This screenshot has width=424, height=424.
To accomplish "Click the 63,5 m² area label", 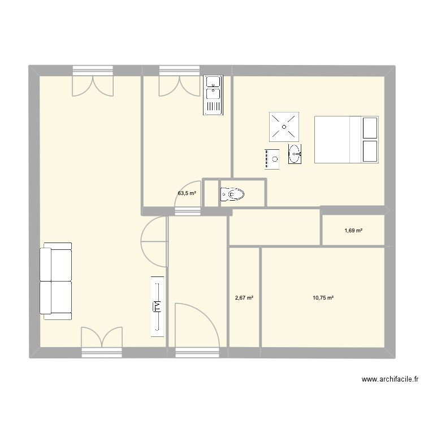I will (187, 193).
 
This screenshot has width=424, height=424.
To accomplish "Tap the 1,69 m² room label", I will (353, 231).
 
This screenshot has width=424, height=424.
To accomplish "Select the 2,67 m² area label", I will (244, 298).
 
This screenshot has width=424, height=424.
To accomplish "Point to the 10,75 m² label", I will (323, 298).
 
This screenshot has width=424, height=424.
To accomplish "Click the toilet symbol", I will (233, 195).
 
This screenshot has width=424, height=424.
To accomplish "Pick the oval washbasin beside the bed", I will (295, 153).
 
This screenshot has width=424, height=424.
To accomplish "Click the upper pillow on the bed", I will (370, 128).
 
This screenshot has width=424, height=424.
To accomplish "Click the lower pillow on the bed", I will (370, 152).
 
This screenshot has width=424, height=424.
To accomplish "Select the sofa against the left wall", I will (56, 279).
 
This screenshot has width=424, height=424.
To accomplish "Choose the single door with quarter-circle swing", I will (196, 325).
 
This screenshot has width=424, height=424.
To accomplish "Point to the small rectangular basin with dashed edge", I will (271, 159).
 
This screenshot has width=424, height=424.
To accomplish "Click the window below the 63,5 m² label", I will (187, 211).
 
